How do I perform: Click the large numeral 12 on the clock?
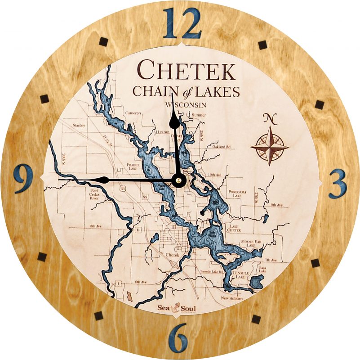click(182, 24)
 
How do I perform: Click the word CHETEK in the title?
click(186, 71)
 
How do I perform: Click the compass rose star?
click(270, 145)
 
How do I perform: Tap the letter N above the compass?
click(270, 119)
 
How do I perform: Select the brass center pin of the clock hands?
click(179, 180)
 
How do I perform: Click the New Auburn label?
click(232, 298)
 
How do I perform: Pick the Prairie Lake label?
click(135, 166)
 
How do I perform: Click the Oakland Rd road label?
click(222, 147)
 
